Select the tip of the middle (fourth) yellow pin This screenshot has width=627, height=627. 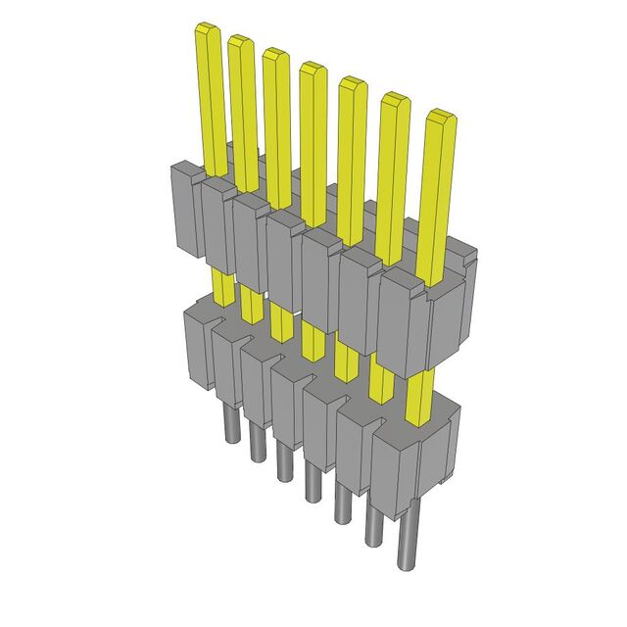(313, 69)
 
